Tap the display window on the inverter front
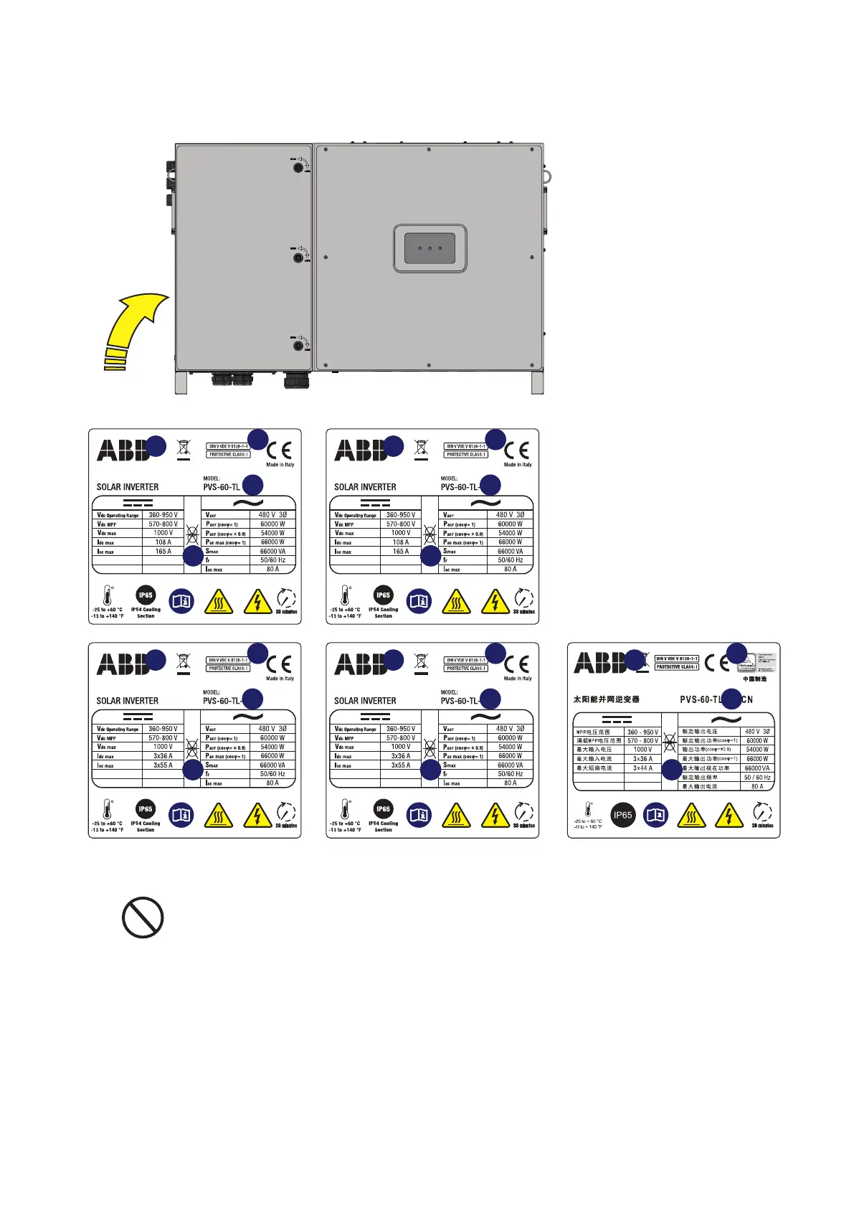click(430, 248)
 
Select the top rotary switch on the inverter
click(298, 167)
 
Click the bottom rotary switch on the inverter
click(298, 346)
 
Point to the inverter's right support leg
click(537, 382)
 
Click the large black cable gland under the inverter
click(296, 379)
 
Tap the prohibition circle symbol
click(143, 917)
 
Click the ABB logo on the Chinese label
click(599, 663)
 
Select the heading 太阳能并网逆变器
click(606, 699)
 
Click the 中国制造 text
click(754, 679)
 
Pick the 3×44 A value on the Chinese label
click(642, 768)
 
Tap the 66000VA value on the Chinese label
click(757, 768)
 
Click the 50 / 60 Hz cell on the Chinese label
click(757, 778)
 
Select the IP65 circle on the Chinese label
click(622, 815)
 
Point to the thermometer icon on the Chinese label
click(588, 810)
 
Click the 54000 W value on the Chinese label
click(757, 750)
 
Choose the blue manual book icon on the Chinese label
click(656, 815)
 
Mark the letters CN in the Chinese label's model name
click(747, 699)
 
